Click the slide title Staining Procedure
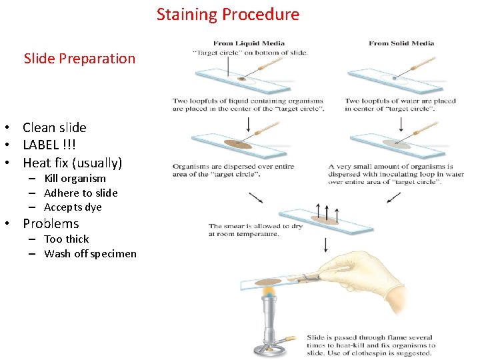228,14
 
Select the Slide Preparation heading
79,59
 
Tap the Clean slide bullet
55,127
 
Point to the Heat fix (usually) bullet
73,163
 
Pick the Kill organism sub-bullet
75,179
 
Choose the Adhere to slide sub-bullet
81,193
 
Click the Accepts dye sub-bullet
73,207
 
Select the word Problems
51,223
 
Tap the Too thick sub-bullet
66,239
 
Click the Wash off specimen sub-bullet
90,253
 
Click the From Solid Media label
401,43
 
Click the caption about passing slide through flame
371,345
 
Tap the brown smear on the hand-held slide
268,281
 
